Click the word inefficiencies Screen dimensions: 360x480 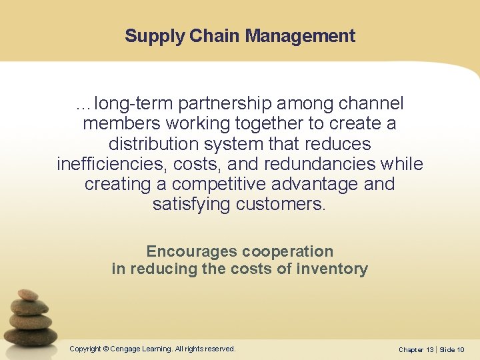[x=114, y=164]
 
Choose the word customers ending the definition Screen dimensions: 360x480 [x=281, y=204]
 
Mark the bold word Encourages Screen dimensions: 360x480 [x=191, y=251]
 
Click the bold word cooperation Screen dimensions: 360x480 [x=287, y=251]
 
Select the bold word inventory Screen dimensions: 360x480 [x=334, y=269]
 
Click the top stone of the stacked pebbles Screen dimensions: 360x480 [x=28, y=295]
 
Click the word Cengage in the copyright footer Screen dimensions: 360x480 [x=131, y=349]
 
